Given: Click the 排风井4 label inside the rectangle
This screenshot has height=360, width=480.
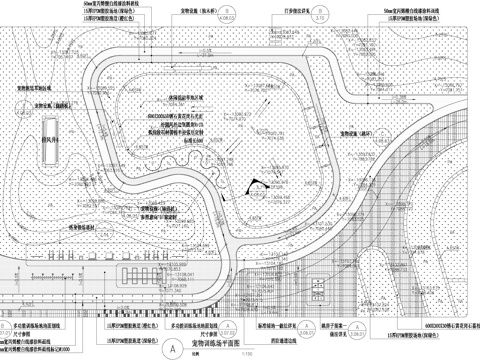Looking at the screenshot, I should pos(49,144).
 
